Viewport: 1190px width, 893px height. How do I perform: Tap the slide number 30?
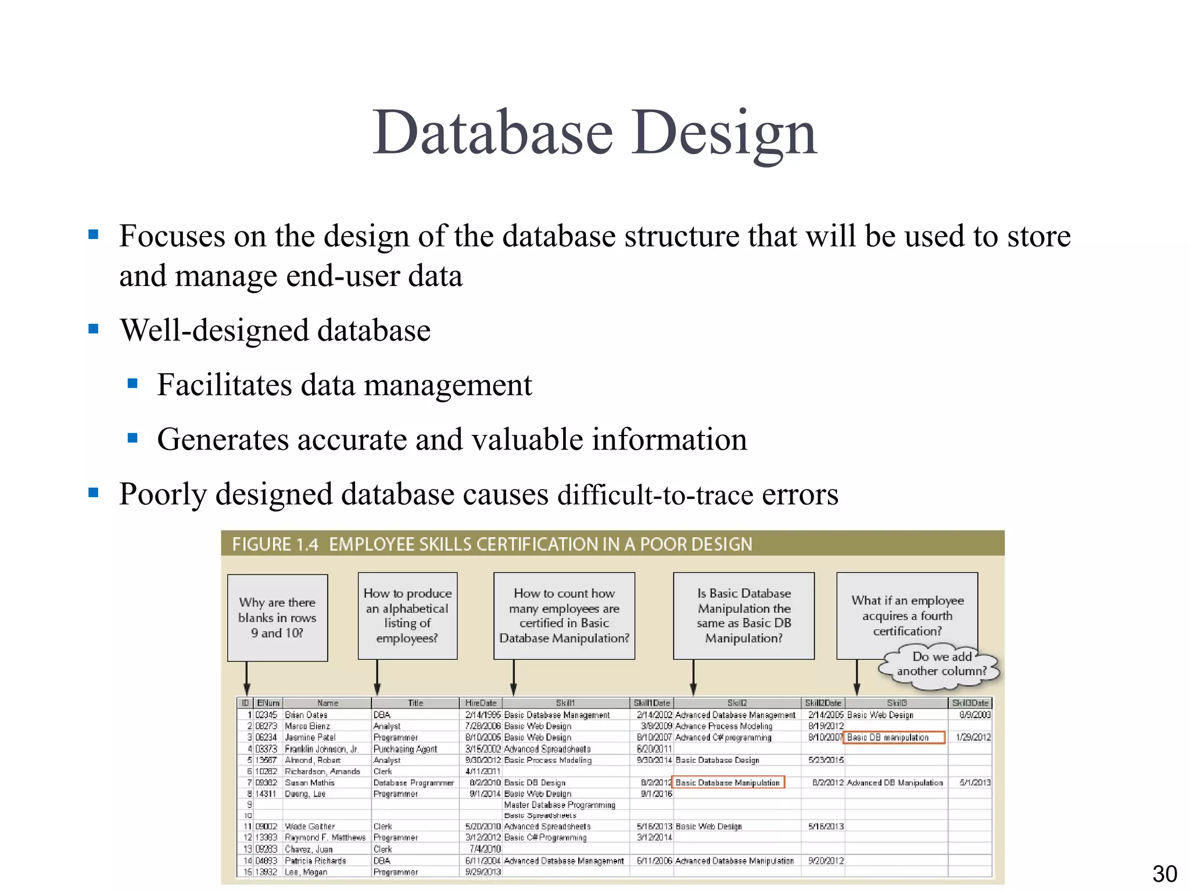point(1164,874)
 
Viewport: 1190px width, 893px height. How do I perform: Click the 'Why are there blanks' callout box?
point(277,617)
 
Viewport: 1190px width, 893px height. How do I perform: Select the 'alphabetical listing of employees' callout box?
point(407,616)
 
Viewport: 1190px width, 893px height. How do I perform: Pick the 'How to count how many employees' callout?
point(564,616)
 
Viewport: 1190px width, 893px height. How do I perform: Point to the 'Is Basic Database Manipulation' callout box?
point(743,616)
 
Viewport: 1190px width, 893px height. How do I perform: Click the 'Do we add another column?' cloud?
point(941,664)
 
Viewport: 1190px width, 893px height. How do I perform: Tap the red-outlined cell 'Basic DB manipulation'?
point(893,737)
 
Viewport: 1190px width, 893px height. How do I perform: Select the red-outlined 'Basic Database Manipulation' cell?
point(727,783)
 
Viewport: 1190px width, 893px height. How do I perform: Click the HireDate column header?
point(481,703)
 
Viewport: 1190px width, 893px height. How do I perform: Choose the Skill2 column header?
point(736,703)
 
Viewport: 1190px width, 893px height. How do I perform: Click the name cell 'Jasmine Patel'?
point(310,737)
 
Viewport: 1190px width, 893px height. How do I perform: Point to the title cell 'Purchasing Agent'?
point(405,749)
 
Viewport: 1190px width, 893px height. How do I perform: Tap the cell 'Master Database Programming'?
point(559,805)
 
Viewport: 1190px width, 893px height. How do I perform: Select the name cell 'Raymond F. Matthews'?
point(325,838)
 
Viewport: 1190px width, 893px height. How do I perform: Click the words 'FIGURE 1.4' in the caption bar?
point(275,544)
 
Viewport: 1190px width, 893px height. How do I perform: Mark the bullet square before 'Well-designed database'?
point(94,329)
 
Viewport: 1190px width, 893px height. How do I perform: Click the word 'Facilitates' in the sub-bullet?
point(224,385)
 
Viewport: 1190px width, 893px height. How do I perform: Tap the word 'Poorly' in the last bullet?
point(162,494)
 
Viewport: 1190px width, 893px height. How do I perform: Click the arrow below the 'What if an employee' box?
point(856,677)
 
